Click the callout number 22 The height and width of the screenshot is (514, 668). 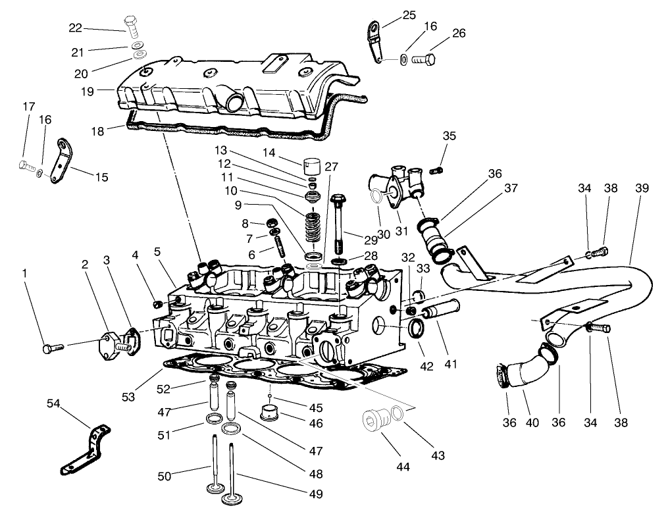coord(76,28)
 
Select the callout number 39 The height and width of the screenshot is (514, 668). coord(642,188)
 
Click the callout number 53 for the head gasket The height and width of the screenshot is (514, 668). coord(129,396)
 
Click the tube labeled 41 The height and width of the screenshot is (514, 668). coord(442,309)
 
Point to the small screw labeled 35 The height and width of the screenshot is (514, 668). coord(435,170)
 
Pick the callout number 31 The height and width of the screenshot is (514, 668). coord(401,231)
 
